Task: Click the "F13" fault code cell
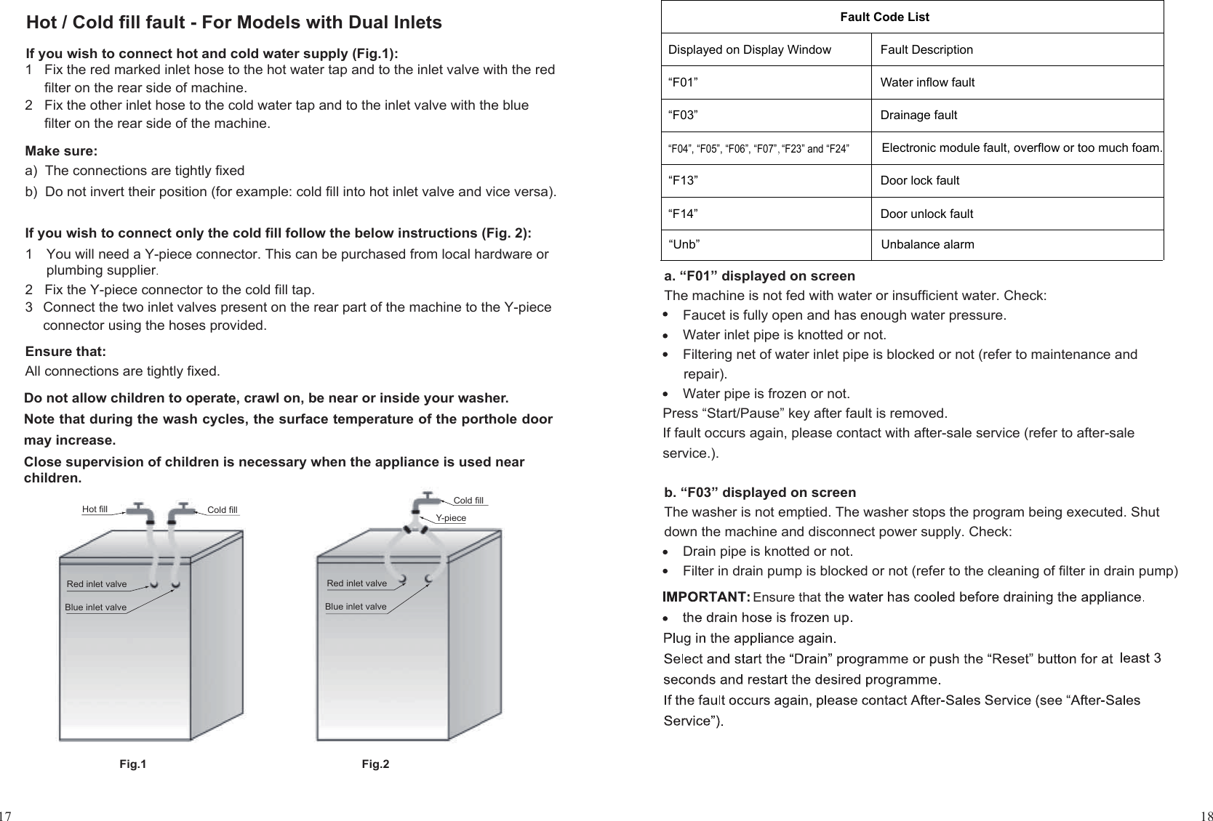click(x=682, y=181)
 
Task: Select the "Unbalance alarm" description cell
click(x=927, y=245)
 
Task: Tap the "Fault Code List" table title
click(x=884, y=17)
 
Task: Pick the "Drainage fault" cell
click(x=918, y=116)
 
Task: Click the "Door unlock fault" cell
click(x=926, y=214)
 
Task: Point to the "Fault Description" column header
click(x=926, y=50)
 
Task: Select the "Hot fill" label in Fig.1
click(x=95, y=509)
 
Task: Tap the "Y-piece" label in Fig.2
click(x=450, y=518)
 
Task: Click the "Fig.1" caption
click(x=132, y=764)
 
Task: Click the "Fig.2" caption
click(x=375, y=764)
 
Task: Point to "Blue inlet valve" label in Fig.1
click(x=95, y=607)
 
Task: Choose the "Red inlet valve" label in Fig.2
click(x=356, y=583)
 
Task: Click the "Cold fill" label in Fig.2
click(x=468, y=501)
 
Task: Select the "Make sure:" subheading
click(x=61, y=152)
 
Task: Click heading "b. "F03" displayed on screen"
click(x=760, y=493)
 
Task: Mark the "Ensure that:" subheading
click(x=65, y=352)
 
